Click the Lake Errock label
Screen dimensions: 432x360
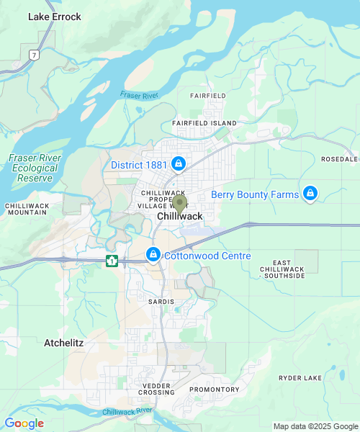pyautogui.click(x=54, y=17)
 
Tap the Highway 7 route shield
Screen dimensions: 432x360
pyautogui.click(x=33, y=55)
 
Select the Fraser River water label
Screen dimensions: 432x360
pyautogui.click(x=139, y=95)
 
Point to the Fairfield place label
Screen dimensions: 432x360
pyautogui.click(x=208, y=95)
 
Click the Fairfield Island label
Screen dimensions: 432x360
pyautogui.click(x=213, y=123)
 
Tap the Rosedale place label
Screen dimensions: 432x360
pyautogui.click(x=339, y=158)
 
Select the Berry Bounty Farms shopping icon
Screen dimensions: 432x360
pyautogui.click(x=310, y=194)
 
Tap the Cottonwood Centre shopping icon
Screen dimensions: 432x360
pyautogui.click(x=153, y=255)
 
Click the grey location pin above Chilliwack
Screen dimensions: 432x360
pyautogui.click(x=179, y=202)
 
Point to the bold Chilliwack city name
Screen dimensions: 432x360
pyautogui.click(x=180, y=217)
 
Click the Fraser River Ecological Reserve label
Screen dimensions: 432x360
pyautogui.click(x=35, y=168)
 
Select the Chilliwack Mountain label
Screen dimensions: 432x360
pyautogui.click(x=27, y=209)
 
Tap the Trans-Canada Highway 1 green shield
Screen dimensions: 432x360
pyautogui.click(x=112, y=261)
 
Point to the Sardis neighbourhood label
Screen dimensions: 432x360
pyautogui.click(x=161, y=301)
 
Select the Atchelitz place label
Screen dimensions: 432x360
pyautogui.click(x=63, y=343)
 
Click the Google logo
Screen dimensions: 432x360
pyautogui.click(x=24, y=423)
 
